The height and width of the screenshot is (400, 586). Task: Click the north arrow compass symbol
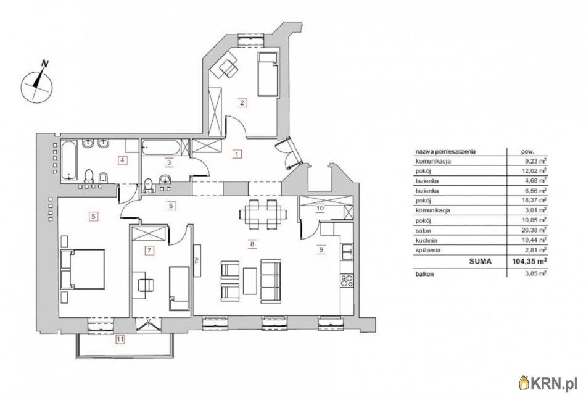pyautogui.click(x=36, y=85)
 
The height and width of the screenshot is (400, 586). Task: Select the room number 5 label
pyautogui.click(x=94, y=216)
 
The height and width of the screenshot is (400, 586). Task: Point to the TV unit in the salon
pyautogui.click(x=197, y=260)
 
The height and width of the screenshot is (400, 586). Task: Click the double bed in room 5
pyautogui.click(x=82, y=269)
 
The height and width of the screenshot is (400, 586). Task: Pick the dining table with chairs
pyautogui.click(x=263, y=215)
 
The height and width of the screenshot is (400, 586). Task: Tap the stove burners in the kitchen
pyautogui.click(x=347, y=280)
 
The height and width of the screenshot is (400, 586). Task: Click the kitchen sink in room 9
pyautogui.click(x=347, y=252)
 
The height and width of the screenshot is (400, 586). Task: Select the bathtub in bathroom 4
pyautogui.click(x=68, y=160)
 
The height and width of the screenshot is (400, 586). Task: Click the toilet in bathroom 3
pyautogui.click(x=149, y=186)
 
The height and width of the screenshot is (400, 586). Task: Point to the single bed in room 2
pyautogui.click(x=268, y=74)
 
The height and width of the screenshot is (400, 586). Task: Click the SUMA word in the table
pyautogui.click(x=481, y=262)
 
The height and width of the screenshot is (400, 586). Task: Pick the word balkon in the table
pyautogui.click(x=424, y=274)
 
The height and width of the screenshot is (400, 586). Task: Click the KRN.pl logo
pyautogui.click(x=550, y=382)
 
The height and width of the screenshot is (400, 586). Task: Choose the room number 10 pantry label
pyautogui.click(x=320, y=208)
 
